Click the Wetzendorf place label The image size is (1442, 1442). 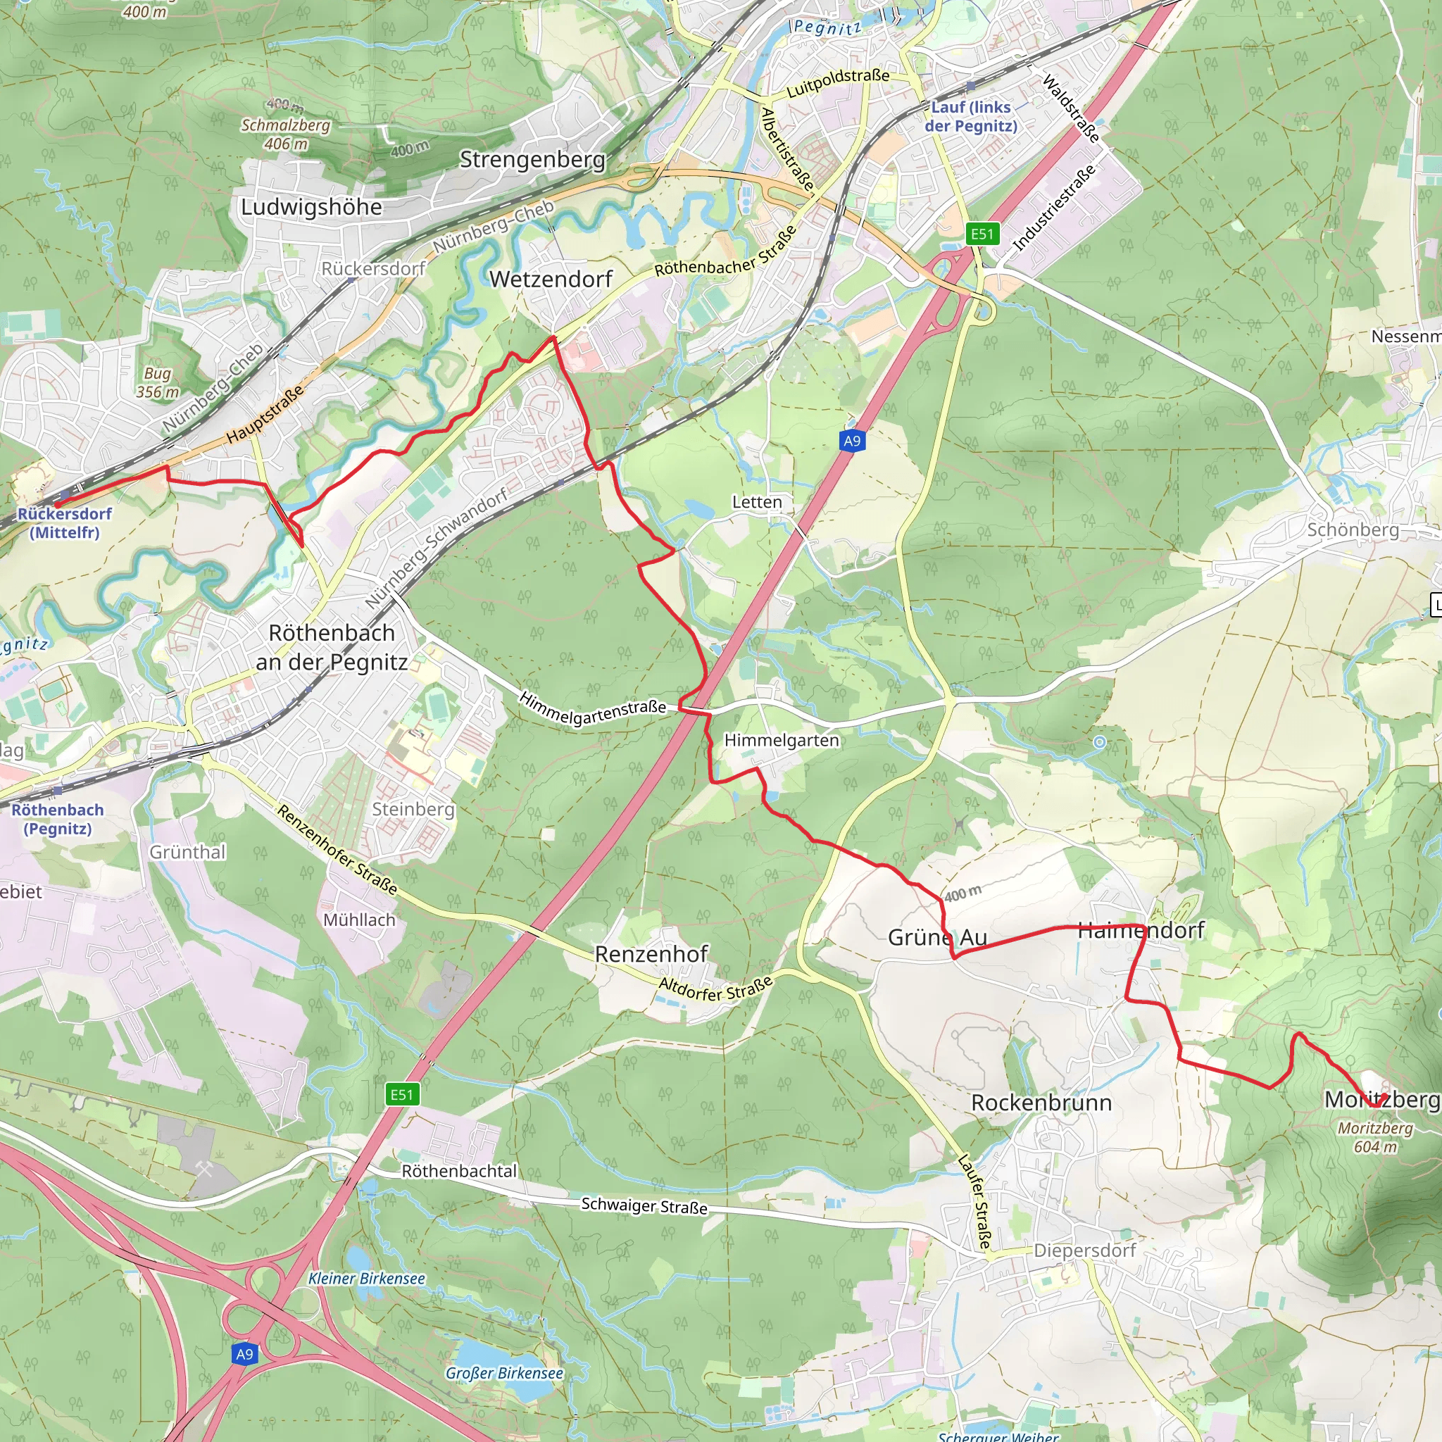551,279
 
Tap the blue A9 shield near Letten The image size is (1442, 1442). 852,440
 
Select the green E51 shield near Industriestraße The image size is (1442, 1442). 982,234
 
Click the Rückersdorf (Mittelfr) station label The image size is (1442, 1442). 64,522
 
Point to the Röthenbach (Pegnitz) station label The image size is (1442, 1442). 58,819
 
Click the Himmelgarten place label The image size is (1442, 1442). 782,740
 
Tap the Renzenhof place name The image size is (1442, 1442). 651,954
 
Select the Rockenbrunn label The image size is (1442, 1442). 1041,1103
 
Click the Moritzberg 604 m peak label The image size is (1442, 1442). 1375,1136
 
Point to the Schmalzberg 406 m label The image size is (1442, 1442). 285,134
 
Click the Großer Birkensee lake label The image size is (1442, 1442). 505,1372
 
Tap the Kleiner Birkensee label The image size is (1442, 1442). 366,1278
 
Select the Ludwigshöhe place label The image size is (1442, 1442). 311,207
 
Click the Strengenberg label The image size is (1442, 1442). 532,159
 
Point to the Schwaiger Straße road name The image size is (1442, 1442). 644,1205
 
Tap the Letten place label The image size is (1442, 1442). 757,501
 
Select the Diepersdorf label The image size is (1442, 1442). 1084,1250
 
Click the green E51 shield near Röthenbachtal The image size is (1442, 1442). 401,1094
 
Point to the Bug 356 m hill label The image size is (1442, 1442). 158,382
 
